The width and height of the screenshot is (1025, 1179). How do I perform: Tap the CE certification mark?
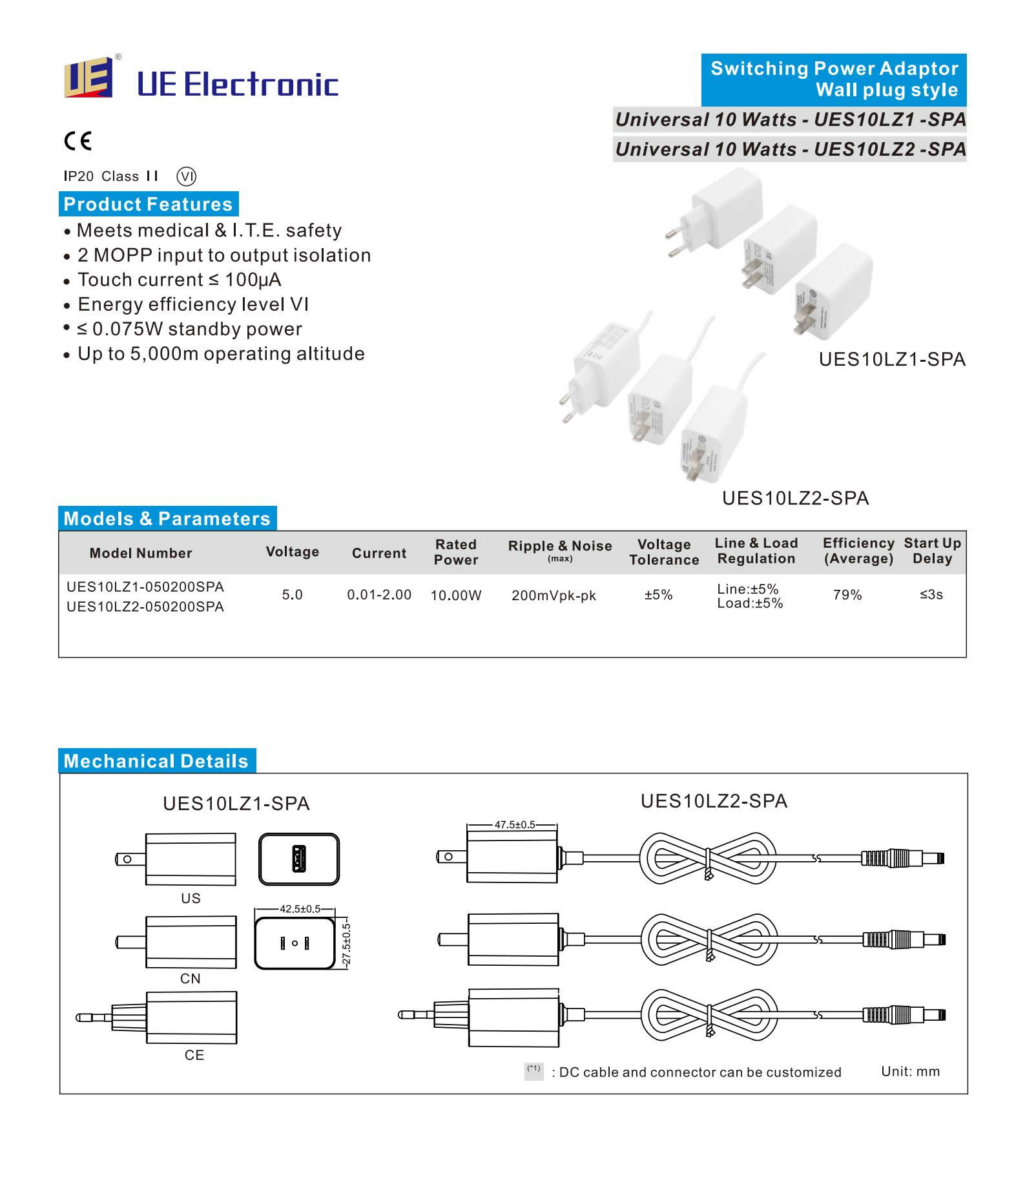78,141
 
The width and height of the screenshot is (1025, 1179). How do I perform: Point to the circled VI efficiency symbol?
186,176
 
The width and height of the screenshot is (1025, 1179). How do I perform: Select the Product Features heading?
148,204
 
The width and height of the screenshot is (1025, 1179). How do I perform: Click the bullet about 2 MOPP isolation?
223,255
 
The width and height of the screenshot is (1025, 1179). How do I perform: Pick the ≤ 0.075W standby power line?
189,329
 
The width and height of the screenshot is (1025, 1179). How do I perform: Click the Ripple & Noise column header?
559,547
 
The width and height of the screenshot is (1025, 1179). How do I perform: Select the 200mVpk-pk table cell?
554,596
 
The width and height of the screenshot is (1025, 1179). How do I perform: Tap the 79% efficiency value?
847,595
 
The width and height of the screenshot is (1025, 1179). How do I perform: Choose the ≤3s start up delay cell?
931,594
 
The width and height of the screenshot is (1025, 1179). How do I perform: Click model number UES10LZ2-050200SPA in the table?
145,607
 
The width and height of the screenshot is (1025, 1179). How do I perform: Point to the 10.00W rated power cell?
456,596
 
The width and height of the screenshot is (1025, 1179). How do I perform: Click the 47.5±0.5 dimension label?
515,825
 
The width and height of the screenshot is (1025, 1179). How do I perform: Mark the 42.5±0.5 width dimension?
300,909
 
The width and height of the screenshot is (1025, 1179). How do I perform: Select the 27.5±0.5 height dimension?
347,944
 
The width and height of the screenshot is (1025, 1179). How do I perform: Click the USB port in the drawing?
298,859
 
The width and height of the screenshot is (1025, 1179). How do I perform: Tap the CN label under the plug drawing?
190,979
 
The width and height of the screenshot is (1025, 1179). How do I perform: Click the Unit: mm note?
910,1072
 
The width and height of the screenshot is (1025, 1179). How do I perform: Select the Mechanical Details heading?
156,761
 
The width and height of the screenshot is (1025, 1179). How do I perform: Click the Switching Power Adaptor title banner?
833,79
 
